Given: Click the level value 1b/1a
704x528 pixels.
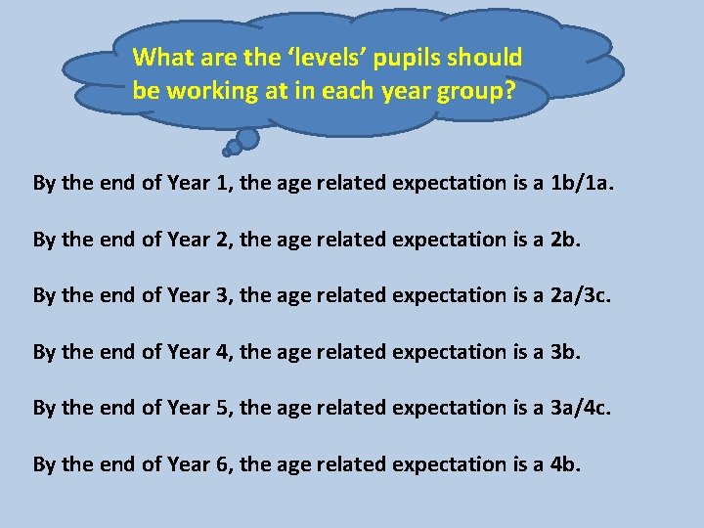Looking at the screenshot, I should pyautogui.click(x=584, y=182).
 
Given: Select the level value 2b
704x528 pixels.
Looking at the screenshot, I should pyautogui.click(x=566, y=239).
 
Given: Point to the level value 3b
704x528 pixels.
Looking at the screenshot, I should pyautogui.click(x=566, y=351).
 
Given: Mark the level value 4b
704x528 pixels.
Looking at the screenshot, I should pyautogui.click(x=566, y=464).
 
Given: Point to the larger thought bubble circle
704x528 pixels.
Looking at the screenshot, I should pyautogui.click(x=248, y=138).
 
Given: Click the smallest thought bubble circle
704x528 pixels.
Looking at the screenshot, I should pyautogui.click(x=227, y=152).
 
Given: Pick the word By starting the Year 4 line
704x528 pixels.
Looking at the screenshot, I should pyautogui.click(x=44, y=351).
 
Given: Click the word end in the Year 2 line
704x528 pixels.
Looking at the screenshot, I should pyautogui.click(x=110, y=239).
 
